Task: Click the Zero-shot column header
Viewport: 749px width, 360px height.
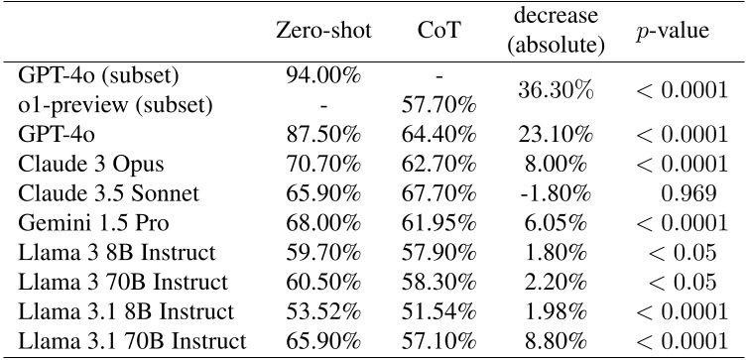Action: [324, 31]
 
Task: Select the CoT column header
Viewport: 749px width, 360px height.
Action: [438, 31]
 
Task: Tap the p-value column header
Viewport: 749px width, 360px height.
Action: [672, 31]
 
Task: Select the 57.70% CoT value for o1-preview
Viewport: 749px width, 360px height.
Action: [438, 103]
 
